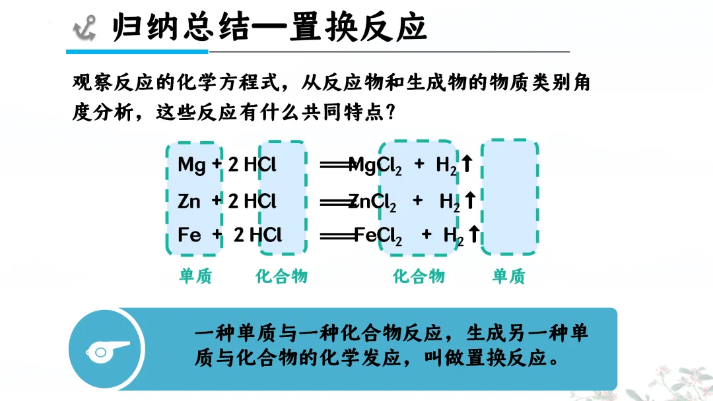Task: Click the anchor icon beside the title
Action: pyautogui.click(x=85, y=28)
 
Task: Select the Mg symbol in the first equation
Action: pyautogui.click(x=191, y=165)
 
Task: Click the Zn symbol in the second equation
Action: pyautogui.click(x=189, y=200)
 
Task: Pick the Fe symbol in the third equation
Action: pyautogui.click(x=189, y=235)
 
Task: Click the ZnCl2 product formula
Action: pyautogui.click(x=374, y=202)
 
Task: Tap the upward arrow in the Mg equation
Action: pyautogui.click(x=467, y=164)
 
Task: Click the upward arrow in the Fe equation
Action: pyautogui.click(x=473, y=234)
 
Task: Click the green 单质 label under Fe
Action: pyautogui.click(x=195, y=276)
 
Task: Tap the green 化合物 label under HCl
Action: pyautogui.click(x=282, y=276)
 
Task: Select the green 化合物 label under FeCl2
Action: pyautogui.click(x=419, y=276)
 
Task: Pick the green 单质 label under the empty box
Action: pyautogui.click(x=508, y=276)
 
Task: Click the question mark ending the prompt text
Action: pyautogui.click(x=390, y=112)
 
